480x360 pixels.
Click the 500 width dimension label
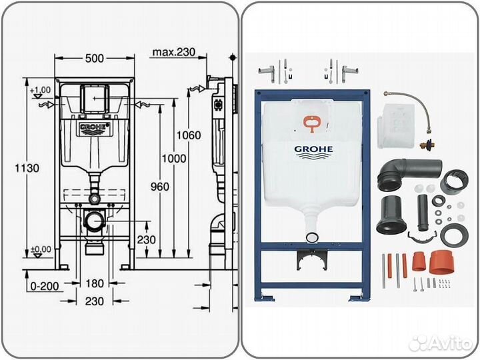pyautogui.click(x=95, y=58)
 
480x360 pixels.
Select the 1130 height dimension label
pyautogui.click(x=15, y=168)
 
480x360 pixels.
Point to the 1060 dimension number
pyautogui.click(x=189, y=135)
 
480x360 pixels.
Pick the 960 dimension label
pyautogui.click(x=160, y=187)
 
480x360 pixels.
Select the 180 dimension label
pyautogui.click(x=95, y=284)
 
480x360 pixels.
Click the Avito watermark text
pyautogui.click(x=448, y=343)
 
